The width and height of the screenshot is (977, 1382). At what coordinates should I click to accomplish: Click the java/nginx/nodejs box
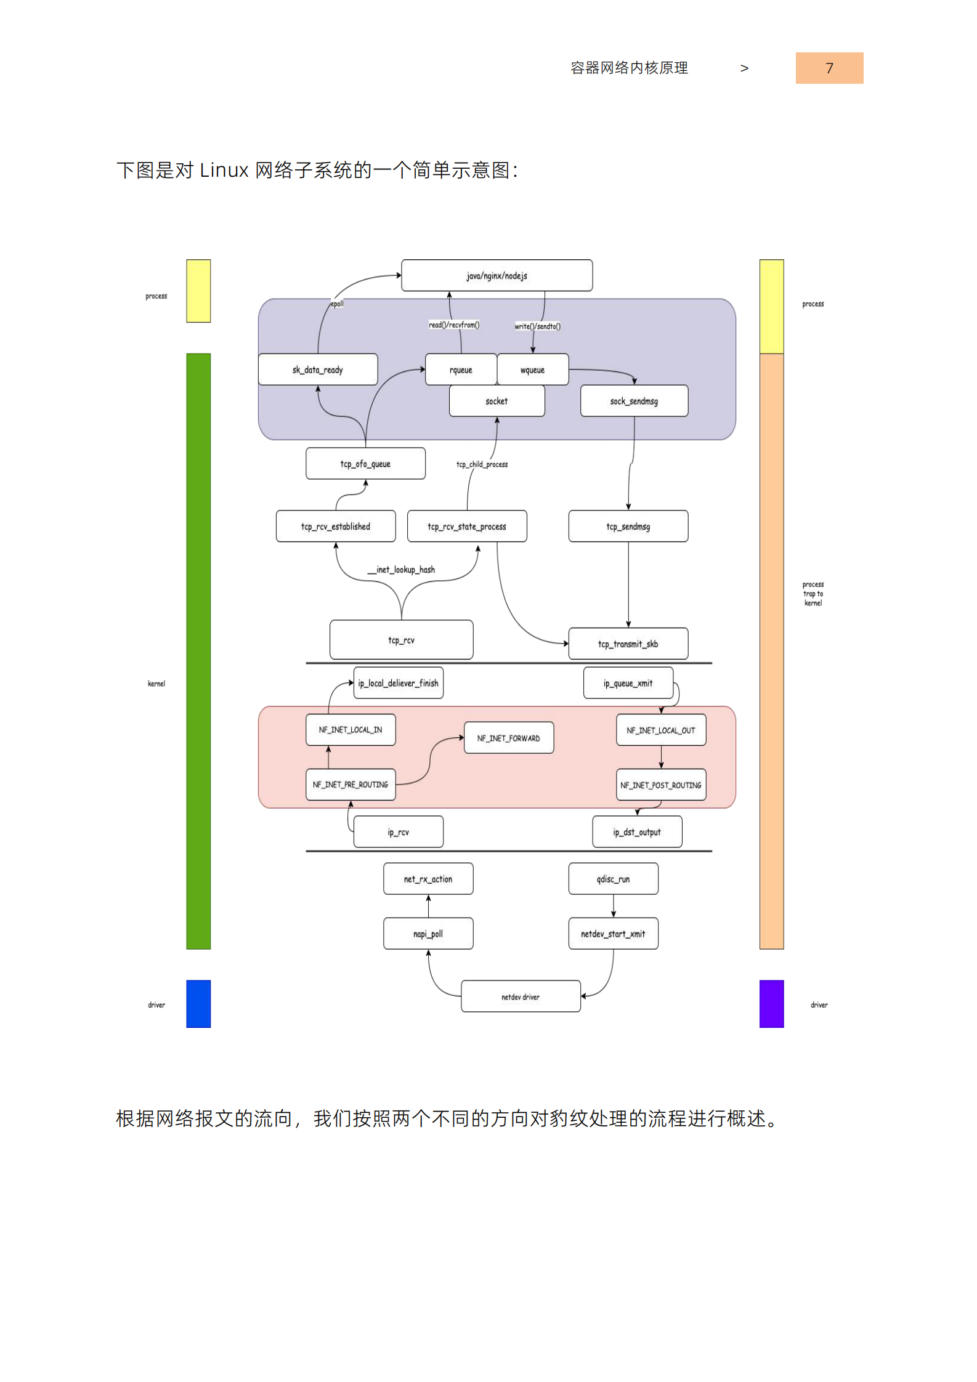click(497, 275)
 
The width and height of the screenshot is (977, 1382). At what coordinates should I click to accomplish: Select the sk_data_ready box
click(317, 370)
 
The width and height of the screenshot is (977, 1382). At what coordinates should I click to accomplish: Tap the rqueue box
click(460, 370)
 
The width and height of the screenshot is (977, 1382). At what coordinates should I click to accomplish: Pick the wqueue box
click(532, 370)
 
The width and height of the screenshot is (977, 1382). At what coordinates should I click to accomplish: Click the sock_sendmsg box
click(634, 401)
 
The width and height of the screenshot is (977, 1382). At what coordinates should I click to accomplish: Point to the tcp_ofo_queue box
click(365, 464)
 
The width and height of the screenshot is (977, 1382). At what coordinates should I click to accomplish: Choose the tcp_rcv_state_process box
click(467, 526)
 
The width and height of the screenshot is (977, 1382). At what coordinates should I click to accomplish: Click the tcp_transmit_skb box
click(628, 644)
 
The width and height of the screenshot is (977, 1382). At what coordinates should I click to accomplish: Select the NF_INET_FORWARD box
click(508, 738)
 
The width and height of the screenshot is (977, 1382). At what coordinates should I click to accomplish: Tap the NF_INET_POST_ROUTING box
click(661, 785)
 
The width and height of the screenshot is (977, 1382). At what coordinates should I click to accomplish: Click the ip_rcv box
click(398, 832)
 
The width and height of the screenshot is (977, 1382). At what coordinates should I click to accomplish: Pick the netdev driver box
click(521, 996)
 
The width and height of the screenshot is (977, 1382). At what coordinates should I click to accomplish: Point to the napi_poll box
click(428, 934)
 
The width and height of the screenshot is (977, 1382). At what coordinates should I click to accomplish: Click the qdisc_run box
click(613, 879)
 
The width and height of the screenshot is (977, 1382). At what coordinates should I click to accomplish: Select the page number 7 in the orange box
click(829, 68)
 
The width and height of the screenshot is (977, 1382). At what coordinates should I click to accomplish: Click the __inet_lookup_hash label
click(402, 570)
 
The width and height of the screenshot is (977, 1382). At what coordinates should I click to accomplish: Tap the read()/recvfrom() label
click(454, 325)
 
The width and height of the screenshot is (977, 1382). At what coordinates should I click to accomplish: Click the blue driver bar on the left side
click(198, 1004)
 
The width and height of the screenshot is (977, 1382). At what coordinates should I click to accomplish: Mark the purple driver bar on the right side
click(771, 1004)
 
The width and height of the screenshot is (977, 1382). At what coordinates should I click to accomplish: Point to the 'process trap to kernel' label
click(813, 594)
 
